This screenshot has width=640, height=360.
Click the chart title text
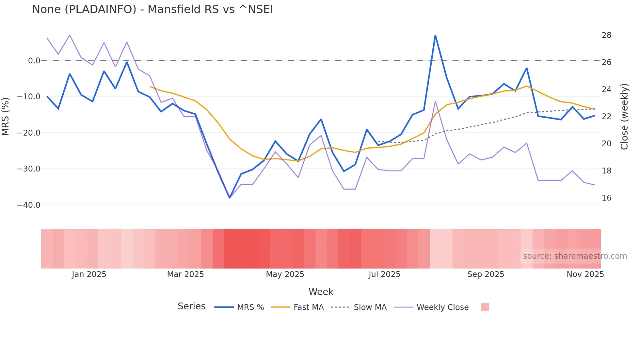pos(152,9)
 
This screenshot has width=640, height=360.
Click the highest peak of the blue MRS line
pos(435,35)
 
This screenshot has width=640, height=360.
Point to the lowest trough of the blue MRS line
pos(230,198)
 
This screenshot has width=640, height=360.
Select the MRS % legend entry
pos(239,307)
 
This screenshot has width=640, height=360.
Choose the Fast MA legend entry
pos(297,307)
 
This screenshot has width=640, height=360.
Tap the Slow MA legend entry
pos(359,307)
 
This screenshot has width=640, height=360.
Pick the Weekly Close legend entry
pos(431,307)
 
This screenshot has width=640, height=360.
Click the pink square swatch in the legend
pos(485,307)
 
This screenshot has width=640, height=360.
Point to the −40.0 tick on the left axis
pos(29,205)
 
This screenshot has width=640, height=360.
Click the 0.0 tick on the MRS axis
pos(34,61)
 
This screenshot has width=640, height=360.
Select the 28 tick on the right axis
pos(606,35)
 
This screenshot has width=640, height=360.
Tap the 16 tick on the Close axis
pos(606,198)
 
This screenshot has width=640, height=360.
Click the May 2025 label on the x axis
pos(285,274)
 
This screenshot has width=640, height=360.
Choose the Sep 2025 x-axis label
pos(486,274)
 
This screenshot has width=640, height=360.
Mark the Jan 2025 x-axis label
pos(89,274)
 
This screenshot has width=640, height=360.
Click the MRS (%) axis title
pos(6,116)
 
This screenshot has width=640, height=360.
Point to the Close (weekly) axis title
pos(624,117)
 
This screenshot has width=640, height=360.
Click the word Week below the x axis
pos(321,292)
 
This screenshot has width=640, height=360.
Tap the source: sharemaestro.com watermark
pos(575,256)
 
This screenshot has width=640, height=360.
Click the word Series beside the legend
pos(191,306)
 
